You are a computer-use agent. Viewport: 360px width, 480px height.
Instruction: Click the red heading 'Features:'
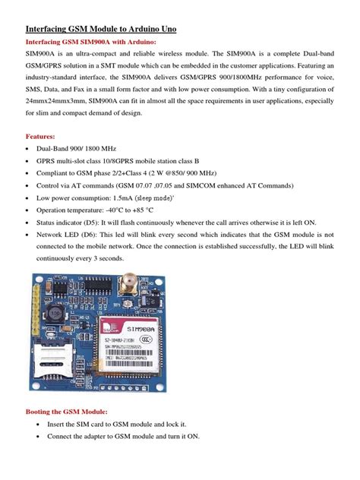tap(43, 137)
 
